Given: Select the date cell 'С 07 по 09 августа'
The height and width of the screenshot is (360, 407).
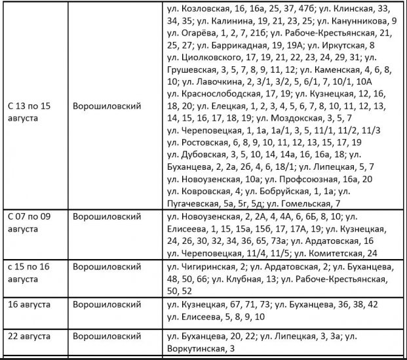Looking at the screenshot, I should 33,222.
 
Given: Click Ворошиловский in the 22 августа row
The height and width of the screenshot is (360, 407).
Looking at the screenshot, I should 107,336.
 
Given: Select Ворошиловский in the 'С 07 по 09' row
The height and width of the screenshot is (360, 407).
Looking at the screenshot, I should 107,216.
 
